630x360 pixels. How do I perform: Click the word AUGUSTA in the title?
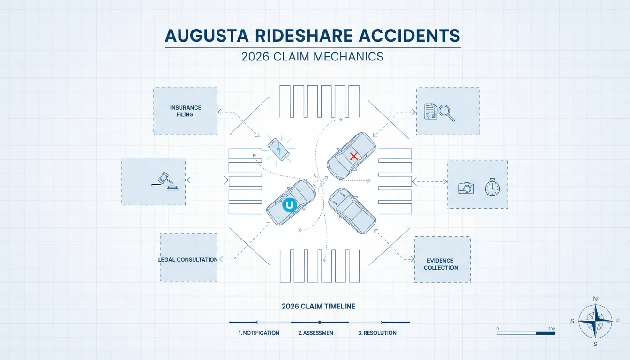point(207,36)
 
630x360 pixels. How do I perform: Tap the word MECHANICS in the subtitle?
point(348,57)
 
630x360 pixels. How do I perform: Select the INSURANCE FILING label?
point(185,111)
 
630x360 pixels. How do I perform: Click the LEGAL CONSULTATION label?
point(188,260)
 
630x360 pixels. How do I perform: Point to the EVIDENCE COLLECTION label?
point(441,264)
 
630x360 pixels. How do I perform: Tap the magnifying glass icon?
point(447,113)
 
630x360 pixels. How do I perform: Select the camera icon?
point(466,188)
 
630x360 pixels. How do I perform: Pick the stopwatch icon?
point(492,187)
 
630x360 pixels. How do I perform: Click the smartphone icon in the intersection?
point(278,150)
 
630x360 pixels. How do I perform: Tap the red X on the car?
point(354,156)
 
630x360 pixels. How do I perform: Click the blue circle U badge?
point(289,205)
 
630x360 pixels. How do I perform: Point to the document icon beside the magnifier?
point(431,112)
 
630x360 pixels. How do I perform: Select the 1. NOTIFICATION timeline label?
point(259,333)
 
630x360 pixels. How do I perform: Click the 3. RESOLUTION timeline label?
point(377,333)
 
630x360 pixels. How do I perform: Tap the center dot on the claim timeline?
point(320,322)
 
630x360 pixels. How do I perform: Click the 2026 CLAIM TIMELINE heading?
point(318,306)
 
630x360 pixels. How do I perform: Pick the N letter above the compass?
point(595,299)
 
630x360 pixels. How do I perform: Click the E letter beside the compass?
point(618,321)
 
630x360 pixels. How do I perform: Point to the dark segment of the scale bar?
point(545,333)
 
